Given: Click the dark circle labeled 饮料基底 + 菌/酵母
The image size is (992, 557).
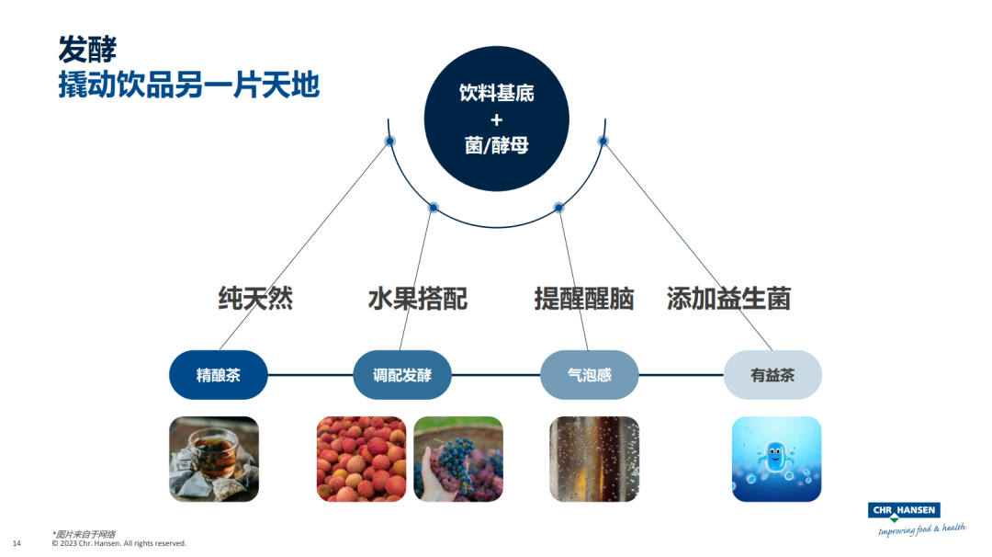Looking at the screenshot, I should tap(496, 119).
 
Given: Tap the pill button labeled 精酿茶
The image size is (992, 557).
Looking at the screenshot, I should tap(219, 375).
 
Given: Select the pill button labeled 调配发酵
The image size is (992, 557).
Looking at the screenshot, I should tap(402, 375).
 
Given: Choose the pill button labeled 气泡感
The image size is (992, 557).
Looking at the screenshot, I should tap(589, 375).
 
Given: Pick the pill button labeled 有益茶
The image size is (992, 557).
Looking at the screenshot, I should tap(772, 375).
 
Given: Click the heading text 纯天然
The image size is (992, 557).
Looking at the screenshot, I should tap(255, 299).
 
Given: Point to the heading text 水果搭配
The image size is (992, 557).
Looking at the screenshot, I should tap(418, 299).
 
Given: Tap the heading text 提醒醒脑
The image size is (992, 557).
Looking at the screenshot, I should tap(584, 299).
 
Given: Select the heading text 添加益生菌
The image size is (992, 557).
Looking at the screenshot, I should tap(728, 299).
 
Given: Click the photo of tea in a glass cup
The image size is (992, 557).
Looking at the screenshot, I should tap(214, 459).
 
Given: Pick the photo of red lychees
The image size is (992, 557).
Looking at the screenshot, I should tap(361, 459).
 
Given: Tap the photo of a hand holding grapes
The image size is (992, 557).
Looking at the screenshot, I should tap(458, 459).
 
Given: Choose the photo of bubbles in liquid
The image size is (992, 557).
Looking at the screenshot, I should tap(593, 459).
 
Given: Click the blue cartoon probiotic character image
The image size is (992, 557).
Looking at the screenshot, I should tap(776, 459).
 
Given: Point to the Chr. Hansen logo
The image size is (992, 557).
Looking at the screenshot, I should tap(904, 517).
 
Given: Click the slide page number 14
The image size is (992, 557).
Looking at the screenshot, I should tap(17, 543).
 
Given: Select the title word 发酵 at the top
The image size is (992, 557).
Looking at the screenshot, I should tap(87, 48).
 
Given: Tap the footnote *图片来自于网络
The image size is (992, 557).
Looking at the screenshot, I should tap(78, 533).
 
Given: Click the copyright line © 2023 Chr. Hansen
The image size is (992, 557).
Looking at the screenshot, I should tap(118, 543).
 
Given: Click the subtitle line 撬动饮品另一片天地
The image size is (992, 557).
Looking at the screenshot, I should tap(188, 85).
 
